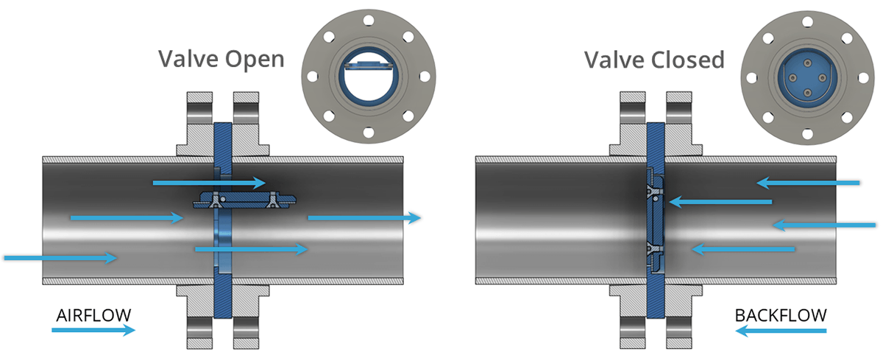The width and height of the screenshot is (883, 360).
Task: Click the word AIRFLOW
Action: (x=93, y=315)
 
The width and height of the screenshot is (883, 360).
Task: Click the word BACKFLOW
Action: (x=781, y=315)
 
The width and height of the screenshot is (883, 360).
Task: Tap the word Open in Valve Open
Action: (x=255, y=60)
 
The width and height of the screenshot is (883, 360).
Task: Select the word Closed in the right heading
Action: (x=687, y=60)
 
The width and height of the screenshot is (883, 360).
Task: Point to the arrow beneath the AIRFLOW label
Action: (x=93, y=330)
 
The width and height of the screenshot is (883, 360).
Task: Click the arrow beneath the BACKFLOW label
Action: (x=781, y=331)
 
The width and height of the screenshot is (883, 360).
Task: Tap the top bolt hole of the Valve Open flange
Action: (x=369, y=20)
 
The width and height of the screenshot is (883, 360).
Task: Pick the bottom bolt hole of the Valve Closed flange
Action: (x=807, y=134)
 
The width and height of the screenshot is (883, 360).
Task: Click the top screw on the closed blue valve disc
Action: (x=808, y=63)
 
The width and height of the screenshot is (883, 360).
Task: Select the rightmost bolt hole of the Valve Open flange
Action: (x=425, y=76)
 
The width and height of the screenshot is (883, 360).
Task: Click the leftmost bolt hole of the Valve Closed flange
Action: (x=752, y=78)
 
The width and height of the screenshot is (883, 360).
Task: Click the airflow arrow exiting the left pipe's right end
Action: (x=365, y=218)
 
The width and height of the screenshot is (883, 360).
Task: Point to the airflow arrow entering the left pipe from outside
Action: (x=60, y=258)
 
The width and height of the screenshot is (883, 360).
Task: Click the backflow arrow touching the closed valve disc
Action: (x=720, y=202)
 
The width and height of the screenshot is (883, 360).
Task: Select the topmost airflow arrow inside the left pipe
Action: (x=209, y=183)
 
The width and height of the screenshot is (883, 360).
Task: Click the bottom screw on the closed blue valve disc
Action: (x=808, y=93)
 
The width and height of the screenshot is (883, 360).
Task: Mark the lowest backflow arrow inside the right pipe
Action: (x=743, y=249)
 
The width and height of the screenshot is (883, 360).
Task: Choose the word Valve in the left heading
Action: (x=188, y=59)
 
